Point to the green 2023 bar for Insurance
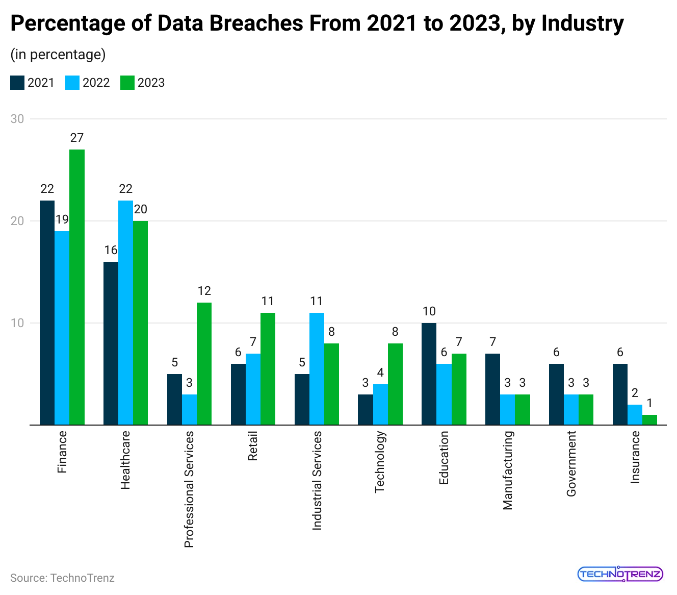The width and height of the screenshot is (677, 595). [x=649, y=420]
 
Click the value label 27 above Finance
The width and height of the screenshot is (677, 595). [x=77, y=138]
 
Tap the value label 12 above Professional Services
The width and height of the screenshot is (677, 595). [x=204, y=291]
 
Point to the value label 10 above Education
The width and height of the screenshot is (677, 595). [x=429, y=311]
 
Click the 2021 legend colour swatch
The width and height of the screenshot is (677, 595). [x=17, y=83]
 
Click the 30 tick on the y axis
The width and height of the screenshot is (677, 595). [x=17, y=119]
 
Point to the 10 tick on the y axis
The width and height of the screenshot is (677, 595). [x=17, y=323]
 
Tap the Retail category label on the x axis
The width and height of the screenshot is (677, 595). [x=253, y=446]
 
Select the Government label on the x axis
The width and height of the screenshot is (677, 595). [x=571, y=463]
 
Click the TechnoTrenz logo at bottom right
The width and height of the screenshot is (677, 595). [x=620, y=574]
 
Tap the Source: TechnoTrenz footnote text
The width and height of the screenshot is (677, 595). [x=62, y=578]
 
